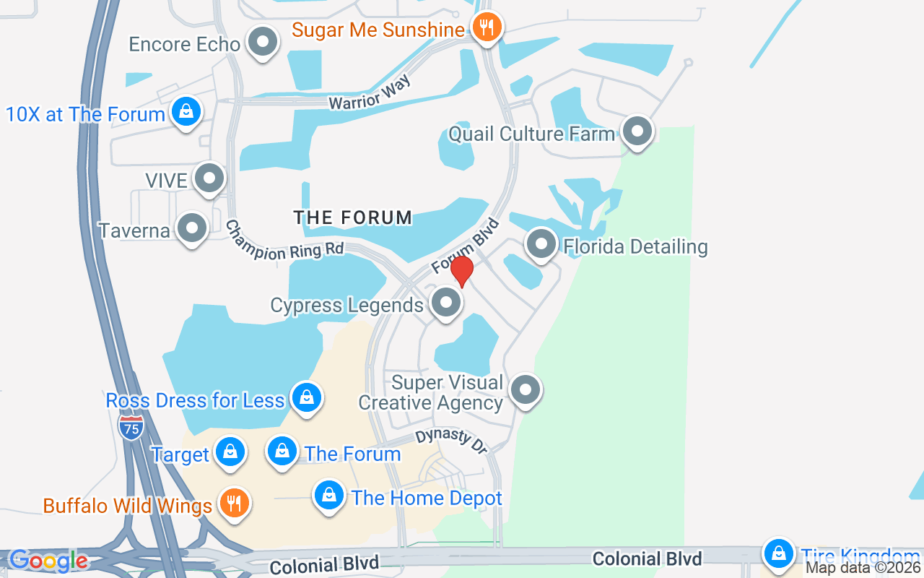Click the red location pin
tap(462, 271)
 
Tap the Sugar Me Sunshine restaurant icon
tap(487, 28)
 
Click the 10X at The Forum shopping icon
tap(186, 112)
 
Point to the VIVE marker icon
tap(210, 178)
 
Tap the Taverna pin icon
tap(192, 228)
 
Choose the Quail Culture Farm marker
tap(637, 131)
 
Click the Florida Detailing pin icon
tap(541, 245)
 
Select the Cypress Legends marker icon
tap(446, 303)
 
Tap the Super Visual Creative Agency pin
tap(526, 390)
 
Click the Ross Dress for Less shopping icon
tap(306, 398)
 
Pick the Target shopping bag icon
tap(230, 452)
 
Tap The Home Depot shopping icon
tap(328, 496)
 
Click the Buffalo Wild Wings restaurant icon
tap(233, 504)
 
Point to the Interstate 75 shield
tap(131, 426)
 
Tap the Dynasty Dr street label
tap(452, 440)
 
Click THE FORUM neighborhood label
tap(353, 217)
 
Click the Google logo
tap(48, 561)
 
